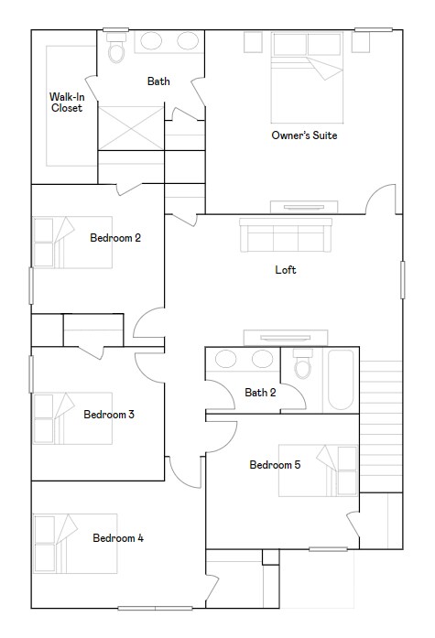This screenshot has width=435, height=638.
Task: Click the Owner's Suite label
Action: (x=304, y=135)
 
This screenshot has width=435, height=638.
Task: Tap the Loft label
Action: (x=285, y=270)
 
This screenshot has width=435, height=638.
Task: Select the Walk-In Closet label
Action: (x=67, y=103)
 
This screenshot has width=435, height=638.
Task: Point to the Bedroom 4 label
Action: (x=118, y=538)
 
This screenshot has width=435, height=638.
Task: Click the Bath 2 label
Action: (x=260, y=393)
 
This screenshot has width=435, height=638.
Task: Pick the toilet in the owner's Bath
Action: (x=116, y=48)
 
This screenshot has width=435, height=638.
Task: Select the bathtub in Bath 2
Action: (x=341, y=380)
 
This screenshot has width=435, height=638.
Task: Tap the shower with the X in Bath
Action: (x=131, y=128)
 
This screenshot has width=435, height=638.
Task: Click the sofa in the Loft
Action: (x=286, y=235)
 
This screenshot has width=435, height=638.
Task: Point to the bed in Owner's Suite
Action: (x=307, y=77)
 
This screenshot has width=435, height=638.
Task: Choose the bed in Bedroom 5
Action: (x=318, y=470)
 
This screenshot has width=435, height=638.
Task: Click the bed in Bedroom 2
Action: (x=73, y=243)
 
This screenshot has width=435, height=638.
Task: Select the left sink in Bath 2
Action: (x=225, y=359)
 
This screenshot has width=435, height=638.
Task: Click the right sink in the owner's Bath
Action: (x=188, y=41)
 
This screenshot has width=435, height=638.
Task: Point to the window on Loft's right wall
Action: (x=402, y=280)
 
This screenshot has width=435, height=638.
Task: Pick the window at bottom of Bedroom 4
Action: (x=155, y=609)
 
